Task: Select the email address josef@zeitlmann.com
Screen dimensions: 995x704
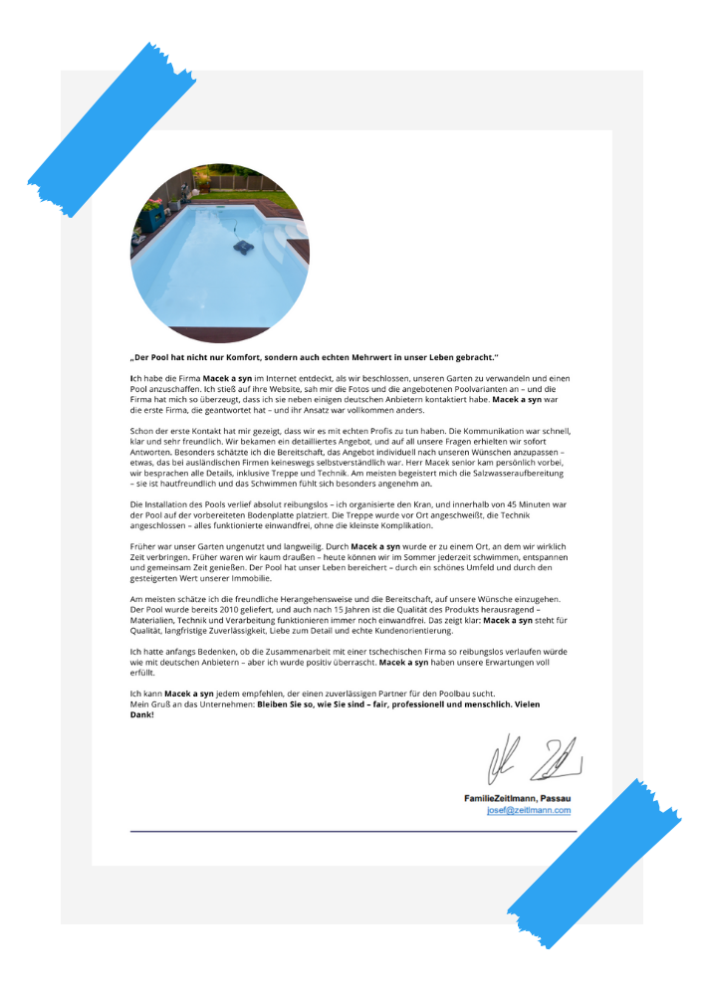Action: point(529,810)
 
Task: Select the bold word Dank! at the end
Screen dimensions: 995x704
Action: point(142,713)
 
